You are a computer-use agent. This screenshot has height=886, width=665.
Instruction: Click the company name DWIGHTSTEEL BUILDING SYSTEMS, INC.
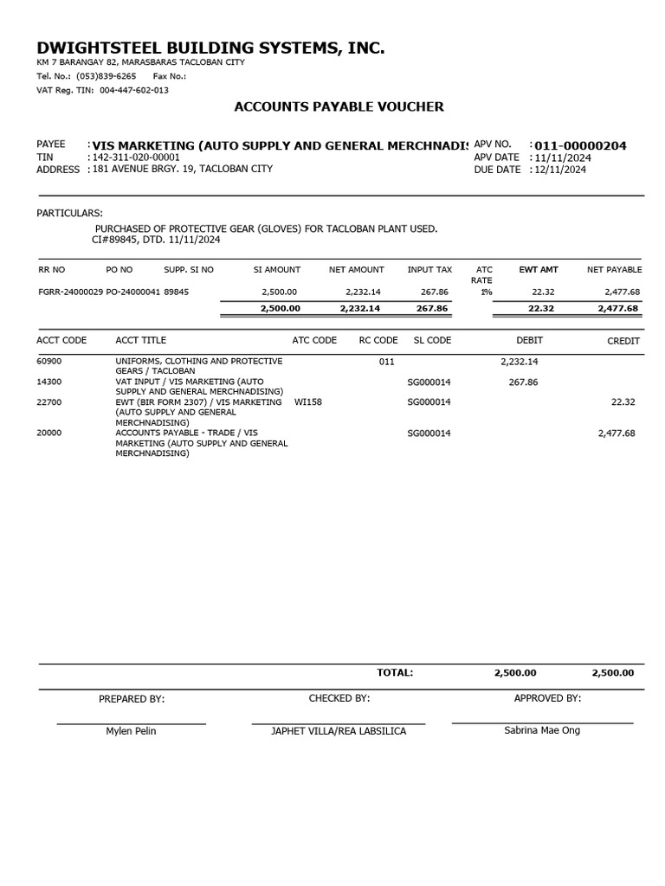[210, 48]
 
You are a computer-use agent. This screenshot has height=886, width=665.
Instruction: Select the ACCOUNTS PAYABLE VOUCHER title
[339, 106]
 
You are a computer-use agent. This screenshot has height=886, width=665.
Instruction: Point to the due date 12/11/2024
[560, 170]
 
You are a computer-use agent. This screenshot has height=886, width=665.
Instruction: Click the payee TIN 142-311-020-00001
[136, 157]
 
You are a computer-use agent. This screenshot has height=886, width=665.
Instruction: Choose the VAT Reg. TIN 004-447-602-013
[134, 90]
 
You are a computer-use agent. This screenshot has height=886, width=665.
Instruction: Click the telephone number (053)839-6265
[106, 76]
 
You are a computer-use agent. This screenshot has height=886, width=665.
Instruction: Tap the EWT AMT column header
[539, 270]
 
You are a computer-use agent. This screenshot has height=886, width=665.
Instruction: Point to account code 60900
[48, 361]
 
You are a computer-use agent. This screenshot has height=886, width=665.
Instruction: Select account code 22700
[48, 402]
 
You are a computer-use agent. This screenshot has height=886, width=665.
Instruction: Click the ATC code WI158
[308, 402]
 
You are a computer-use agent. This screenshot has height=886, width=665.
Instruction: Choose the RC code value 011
[387, 361]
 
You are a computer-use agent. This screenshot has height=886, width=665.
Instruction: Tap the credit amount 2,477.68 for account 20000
[617, 433]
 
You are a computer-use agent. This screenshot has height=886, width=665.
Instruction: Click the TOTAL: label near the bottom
[395, 672]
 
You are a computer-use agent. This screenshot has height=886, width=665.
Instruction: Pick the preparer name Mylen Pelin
[132, 731]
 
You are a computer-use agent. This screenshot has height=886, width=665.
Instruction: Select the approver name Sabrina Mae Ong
[542, 730]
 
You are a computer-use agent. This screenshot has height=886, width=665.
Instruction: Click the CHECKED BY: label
[339, 698]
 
